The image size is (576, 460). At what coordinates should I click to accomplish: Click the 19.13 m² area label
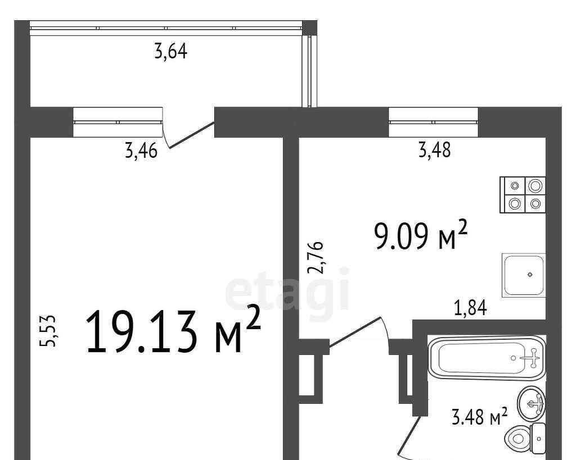(173, 330)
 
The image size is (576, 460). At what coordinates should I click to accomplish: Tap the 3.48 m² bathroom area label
(479, 417)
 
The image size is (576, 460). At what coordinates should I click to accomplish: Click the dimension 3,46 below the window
(141, 151)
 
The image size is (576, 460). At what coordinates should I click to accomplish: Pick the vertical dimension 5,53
(48, 330)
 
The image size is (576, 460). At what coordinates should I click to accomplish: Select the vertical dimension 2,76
(316, 257)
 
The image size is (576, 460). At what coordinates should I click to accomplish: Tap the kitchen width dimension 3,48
(435, 150)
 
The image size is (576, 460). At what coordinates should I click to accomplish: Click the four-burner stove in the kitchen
(523, 195)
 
